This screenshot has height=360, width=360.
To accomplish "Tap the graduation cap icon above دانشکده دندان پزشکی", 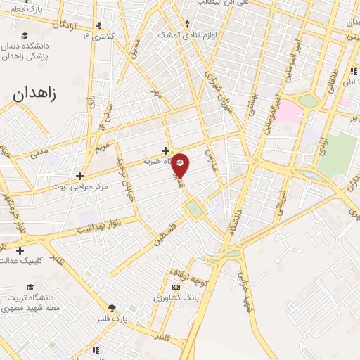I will pyautogui.click(x=25, y=36).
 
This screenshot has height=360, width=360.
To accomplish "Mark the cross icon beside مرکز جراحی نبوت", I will pyautogui.click(x=80, y=176).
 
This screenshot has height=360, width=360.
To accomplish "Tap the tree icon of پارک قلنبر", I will pyautogui.click(x=111, y=307).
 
